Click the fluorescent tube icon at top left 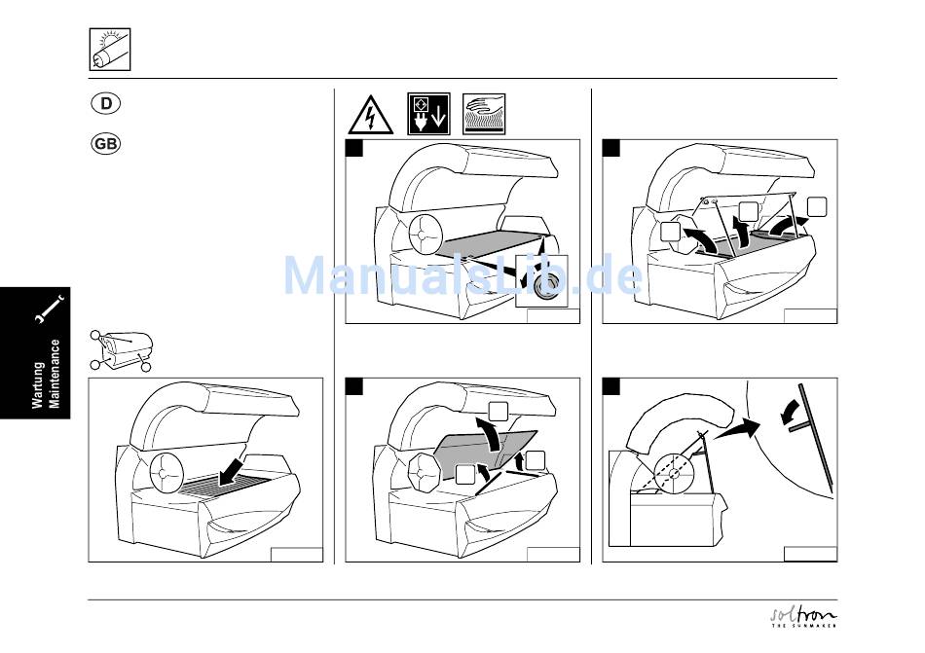[x=110, y=50]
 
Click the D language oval [x=105, y=103]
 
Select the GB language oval [x=105, y=144]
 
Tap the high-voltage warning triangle [x=370, y=116]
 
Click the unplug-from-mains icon [x=428, y=114]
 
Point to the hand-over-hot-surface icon [x=484, y=114]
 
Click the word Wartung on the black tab [x=39, y=383]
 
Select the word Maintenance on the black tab [x=55, y=374]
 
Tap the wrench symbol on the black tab [x=50, y=308]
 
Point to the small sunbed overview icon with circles [x=122, y=350]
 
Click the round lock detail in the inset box [x=545, y=285]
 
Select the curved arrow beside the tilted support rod [x=791, y=412]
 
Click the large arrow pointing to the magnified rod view [x=736, y=428]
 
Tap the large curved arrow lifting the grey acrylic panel [x=490, y=434]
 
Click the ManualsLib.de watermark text [x=463, y=275]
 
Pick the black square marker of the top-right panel [x=611, y=148]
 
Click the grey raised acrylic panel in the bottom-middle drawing [x=486, y=451]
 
